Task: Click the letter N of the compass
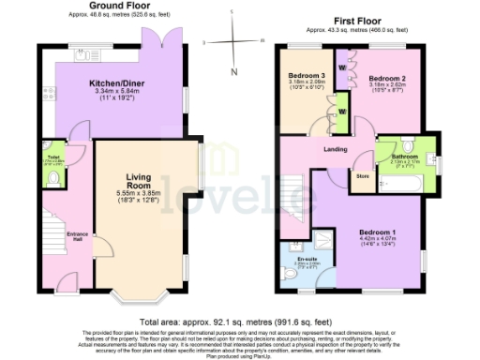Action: pos(234,71)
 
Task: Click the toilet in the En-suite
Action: pos(291,276)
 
